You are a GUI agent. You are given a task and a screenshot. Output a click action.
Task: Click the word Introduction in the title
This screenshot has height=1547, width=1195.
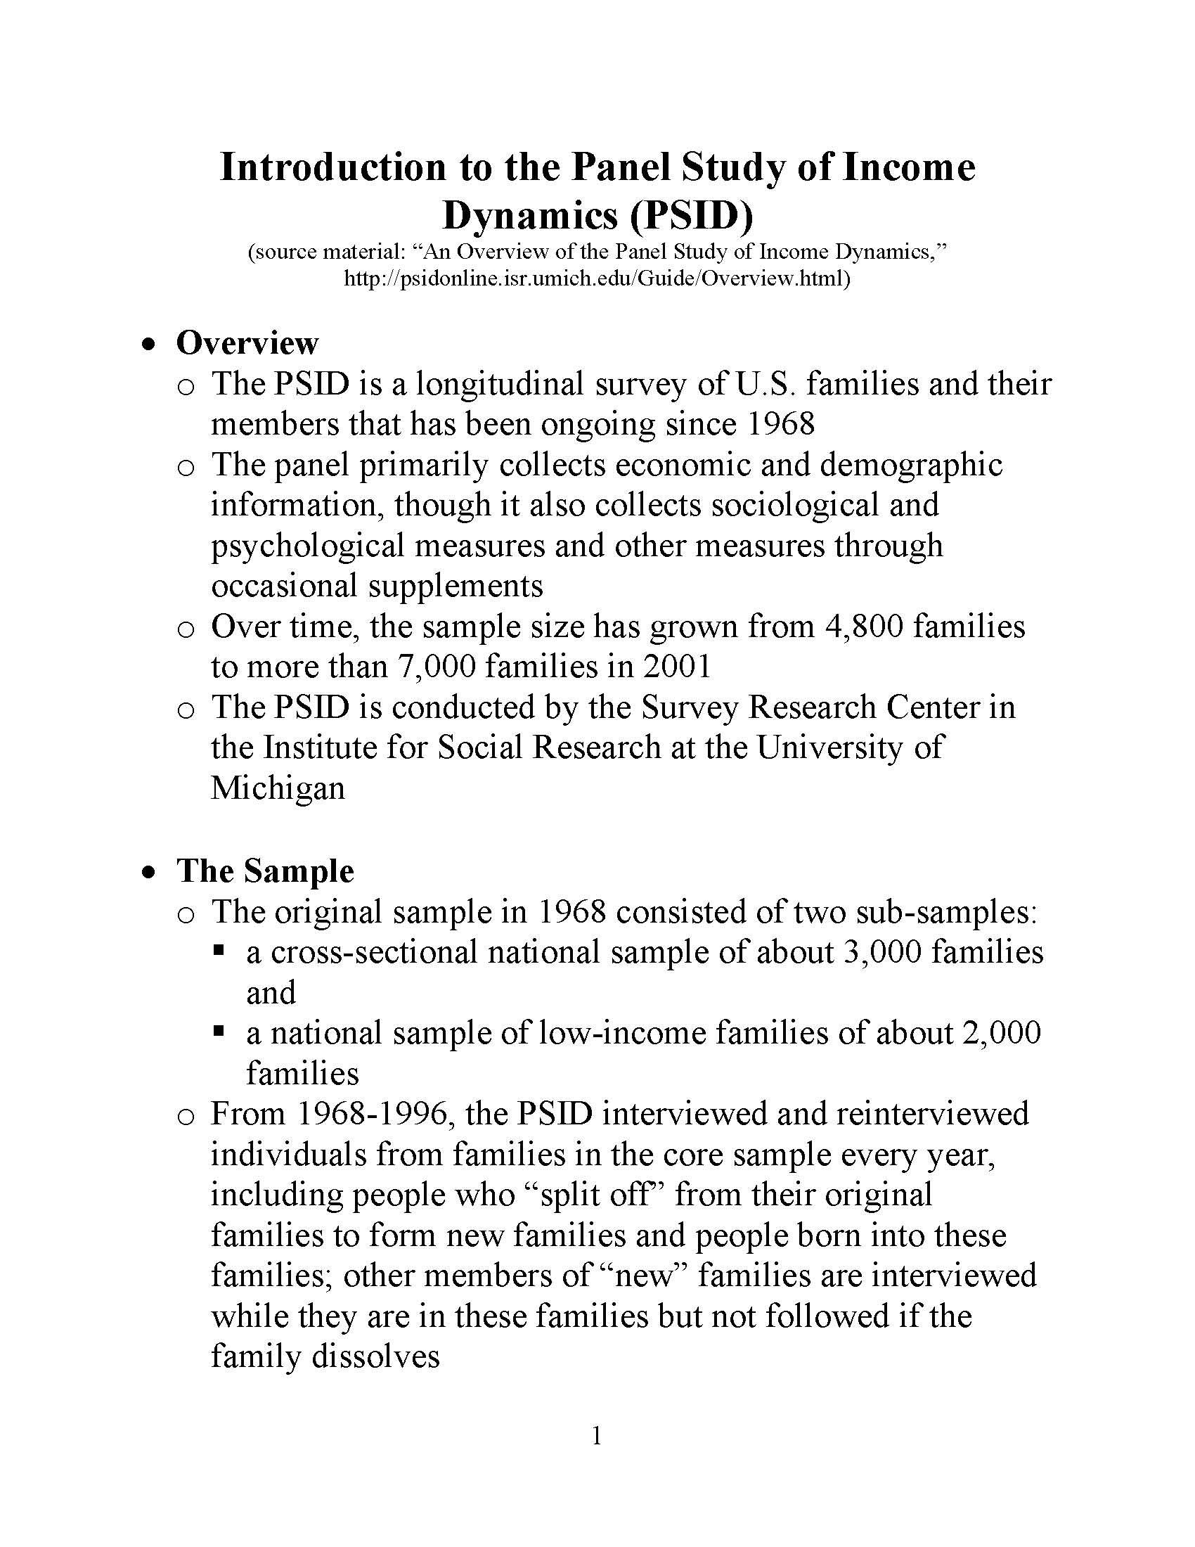(x=332, y=168)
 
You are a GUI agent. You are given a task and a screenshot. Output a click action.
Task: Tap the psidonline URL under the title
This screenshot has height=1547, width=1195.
(x=597, y=278)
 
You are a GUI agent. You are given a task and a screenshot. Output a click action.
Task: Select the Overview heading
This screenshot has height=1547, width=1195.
(x=247, y=344)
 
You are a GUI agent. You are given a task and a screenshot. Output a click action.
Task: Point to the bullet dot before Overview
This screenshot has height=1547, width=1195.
(x=148, y=345)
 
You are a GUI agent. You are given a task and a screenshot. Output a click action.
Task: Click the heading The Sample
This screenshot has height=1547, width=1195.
(x=265, y=872)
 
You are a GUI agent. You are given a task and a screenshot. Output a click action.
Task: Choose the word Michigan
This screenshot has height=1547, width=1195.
(x=278, y=788)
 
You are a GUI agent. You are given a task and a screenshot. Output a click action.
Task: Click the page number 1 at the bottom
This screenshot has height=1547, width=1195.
(x=597, y=1436)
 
